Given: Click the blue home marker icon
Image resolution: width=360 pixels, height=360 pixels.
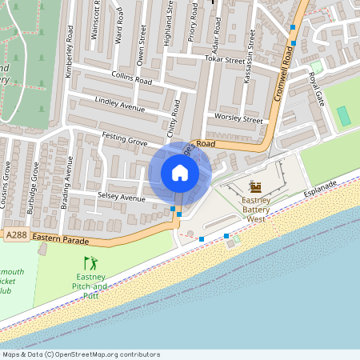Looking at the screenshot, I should point(179,172).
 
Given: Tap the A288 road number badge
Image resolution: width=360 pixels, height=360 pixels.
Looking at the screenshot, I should point(16,236).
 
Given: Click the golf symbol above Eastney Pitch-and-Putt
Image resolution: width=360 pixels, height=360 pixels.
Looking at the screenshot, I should point(90,262).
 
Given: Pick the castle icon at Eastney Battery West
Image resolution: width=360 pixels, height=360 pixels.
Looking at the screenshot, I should point(256,186).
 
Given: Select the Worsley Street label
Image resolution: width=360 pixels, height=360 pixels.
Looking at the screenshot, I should point(238,119).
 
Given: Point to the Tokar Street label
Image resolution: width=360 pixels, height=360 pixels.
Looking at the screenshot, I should point(223,59).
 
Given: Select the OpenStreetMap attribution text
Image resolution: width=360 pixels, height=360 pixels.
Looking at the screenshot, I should point(80,354).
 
